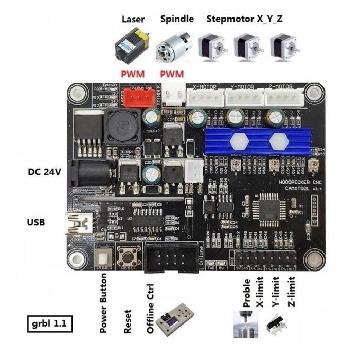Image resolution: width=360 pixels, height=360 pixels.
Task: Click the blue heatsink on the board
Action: [259, 140]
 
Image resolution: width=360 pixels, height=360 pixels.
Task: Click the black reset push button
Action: [129, 256]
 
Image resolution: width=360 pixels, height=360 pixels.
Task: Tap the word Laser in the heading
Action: [133, 20]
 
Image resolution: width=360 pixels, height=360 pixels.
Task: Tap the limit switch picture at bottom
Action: [278, 323]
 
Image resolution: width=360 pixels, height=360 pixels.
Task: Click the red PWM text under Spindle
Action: [171, 74]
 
